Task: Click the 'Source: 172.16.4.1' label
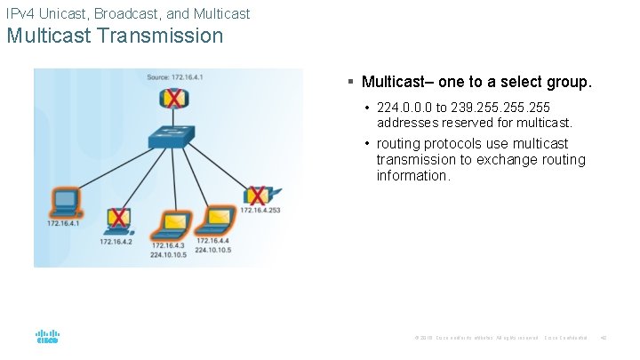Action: (x=175, y=77)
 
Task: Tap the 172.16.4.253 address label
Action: (x=260, y=211)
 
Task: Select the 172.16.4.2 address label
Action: (x=116, y=241)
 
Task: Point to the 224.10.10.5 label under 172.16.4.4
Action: (x=213, y=250)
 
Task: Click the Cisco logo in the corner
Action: (x=47, y=337)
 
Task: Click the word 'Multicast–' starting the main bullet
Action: (x=397, y=83)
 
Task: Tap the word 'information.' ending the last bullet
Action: (x=413, y=175)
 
